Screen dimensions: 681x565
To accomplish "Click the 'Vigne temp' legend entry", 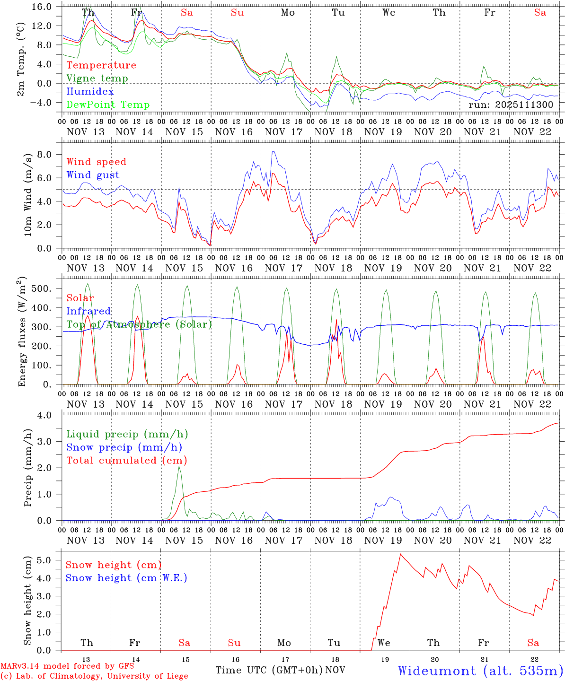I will coord(97,79).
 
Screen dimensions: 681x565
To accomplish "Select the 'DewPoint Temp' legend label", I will coord(108,105).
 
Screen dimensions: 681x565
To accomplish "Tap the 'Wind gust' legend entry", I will coord(93,175).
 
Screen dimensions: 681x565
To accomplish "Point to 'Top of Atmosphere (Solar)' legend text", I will coord(139,324).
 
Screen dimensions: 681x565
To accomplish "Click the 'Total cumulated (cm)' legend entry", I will coord(127,460).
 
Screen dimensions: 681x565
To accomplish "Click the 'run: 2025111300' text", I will coord(511,105).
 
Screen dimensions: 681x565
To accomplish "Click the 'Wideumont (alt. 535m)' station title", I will coord(480,671).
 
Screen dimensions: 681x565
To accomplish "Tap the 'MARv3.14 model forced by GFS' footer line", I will coord(67,666).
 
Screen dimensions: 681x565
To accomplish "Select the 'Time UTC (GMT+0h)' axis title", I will coord(269,670).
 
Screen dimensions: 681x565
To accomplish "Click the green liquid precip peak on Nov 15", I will coord(179,466).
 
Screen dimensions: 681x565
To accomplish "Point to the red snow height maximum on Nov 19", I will coord(401,554).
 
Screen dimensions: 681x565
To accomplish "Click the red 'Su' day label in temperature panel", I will coord(237,13).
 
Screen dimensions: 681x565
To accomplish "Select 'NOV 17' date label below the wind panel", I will coord(283,268).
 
